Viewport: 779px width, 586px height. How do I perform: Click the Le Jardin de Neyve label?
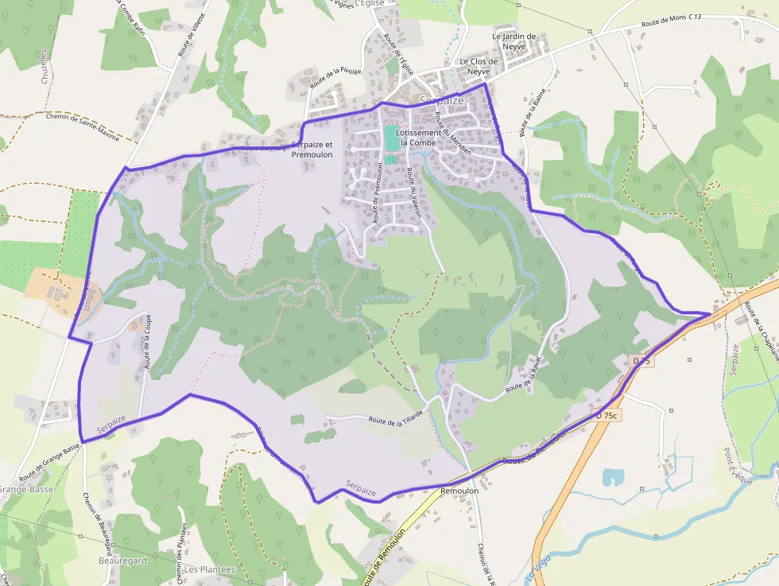tap(514, 41)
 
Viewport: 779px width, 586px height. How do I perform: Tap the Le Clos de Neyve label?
tap(479, 66)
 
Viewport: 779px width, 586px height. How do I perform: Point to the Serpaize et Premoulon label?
tap(312, 149)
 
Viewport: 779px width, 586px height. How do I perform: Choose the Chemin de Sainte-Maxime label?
tap(83, 127)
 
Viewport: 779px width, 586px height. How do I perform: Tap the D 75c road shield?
tap(608, 415)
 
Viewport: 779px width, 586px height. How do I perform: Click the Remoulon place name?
tap(459, 491)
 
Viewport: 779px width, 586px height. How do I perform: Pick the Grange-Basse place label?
tap(25, 490)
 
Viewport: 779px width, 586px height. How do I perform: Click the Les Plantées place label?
tap(210, 569)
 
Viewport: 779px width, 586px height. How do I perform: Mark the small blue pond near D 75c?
tap(613, 476)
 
